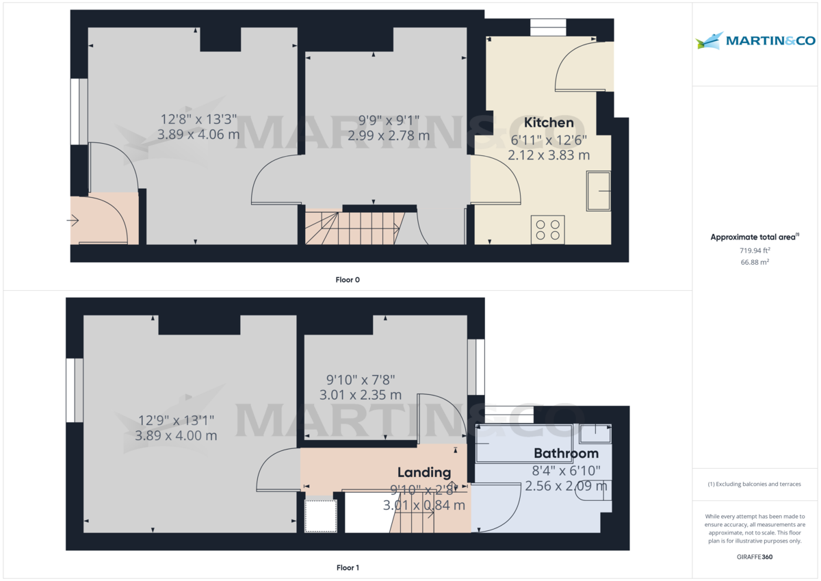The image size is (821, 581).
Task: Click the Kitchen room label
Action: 549,122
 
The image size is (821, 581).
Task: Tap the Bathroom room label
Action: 566,453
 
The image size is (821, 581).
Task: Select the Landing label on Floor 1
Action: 424,472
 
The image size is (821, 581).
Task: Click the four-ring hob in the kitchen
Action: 548,229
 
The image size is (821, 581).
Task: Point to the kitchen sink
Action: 599,191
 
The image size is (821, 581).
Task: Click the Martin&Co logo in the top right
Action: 755,40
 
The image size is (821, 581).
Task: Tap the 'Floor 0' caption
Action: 348,279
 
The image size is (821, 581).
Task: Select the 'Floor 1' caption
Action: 348,567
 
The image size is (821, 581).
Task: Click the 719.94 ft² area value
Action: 755,250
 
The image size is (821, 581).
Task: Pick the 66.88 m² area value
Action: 755,262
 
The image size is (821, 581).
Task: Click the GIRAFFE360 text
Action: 755,557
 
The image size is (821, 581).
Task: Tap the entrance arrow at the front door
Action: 73,220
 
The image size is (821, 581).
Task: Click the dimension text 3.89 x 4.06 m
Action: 198,135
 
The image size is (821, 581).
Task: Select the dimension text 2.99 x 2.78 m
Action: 389,135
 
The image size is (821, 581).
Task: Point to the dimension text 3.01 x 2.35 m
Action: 361,395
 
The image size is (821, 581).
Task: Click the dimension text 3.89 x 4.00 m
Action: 176,435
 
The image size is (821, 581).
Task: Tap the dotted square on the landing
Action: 321,516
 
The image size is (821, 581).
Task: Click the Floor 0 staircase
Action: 352,227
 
